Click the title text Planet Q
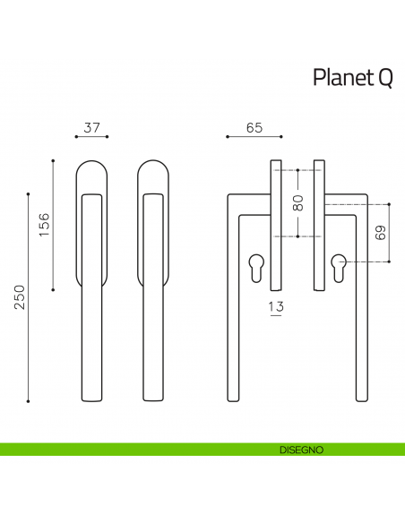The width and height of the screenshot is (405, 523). pos(352,78)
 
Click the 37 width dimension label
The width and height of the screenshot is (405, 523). pos(90,128)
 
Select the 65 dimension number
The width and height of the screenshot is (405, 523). pos(253,128)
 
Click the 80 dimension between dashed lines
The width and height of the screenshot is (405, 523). pos(298,203)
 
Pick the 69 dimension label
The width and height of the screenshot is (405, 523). pos(380,234)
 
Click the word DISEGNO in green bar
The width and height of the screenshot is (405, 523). pos(301,449)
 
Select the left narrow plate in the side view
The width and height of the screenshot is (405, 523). pos(276,224)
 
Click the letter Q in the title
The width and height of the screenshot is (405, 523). pos(383,79)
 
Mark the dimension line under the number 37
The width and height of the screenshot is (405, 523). pos(91,137)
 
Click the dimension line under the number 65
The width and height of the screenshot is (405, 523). pos(253,137)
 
